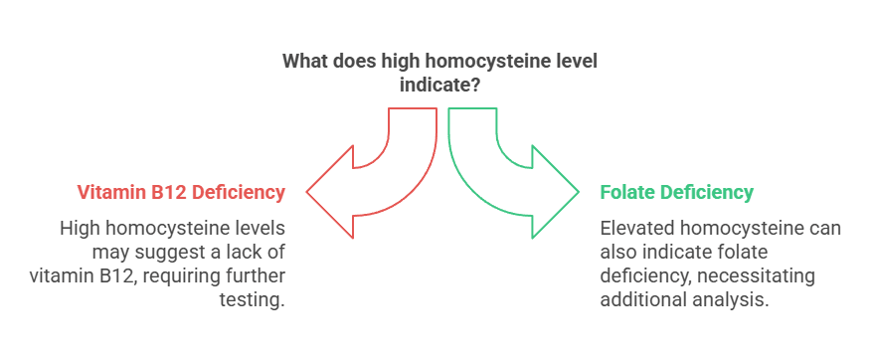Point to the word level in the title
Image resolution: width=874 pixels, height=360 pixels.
click(x=574, y=62)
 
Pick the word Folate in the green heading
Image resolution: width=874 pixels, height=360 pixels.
click(x=627, y=192)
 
